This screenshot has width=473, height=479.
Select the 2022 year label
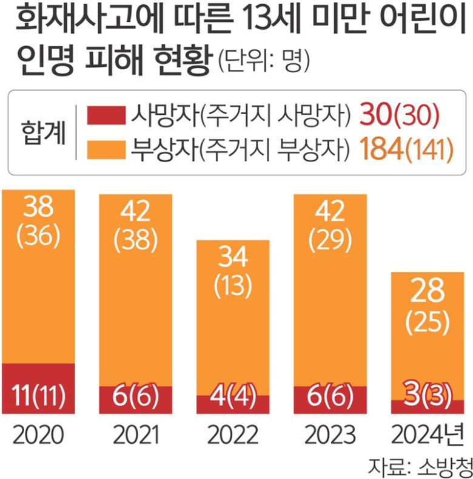pos(232,435)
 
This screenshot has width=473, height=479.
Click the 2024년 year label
pos(427,435)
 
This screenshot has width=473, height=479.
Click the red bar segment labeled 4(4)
pos(232,404)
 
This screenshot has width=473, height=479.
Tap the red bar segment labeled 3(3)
pos(427,406)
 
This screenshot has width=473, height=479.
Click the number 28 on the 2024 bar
pos(427,292)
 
